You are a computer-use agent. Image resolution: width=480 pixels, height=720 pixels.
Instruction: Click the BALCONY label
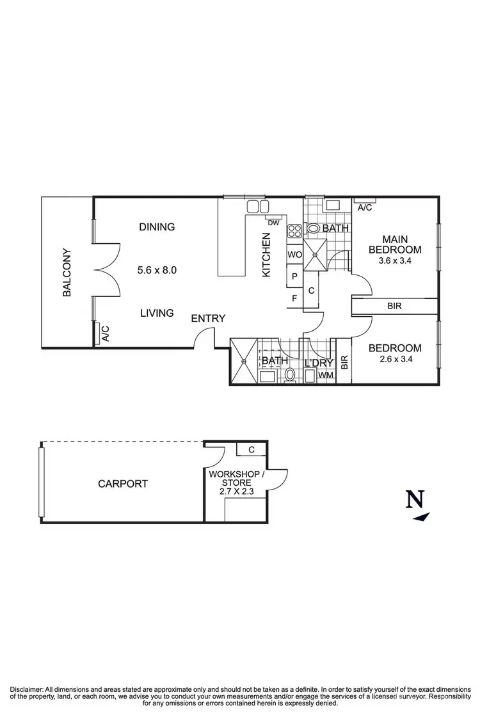(x=67, y=272)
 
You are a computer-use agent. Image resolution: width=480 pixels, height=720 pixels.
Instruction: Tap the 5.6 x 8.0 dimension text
(x=157, y=270)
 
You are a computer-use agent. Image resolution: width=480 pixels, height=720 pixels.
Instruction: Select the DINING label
(x=157, y=227)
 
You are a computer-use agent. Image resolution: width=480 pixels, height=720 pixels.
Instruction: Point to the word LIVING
(x=157, y=313)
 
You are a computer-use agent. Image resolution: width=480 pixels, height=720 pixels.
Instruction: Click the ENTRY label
(x=208, y=318)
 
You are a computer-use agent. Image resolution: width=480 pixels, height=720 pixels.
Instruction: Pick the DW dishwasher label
(x=273, y=223)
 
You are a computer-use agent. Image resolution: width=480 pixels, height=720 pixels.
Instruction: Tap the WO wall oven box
(x=294, y=255)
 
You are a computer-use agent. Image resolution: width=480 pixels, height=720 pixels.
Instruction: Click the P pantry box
(x=294, y=276)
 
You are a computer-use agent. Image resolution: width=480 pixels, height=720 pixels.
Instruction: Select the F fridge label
(x=294, y=298)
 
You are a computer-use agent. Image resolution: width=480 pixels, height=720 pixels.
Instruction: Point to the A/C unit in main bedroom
(x=365, y=207)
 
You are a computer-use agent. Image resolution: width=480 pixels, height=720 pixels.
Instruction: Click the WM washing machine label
(x=326, y=375)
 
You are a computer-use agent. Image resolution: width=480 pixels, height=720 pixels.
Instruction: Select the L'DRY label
(x=318, y=362)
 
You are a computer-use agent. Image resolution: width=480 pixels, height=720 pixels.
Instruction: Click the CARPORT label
(x=123, y=484)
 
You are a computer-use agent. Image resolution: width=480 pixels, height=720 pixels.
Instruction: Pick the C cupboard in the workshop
(x=252, y=449)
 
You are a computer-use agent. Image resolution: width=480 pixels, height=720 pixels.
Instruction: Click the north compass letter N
(x=415, y=499)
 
